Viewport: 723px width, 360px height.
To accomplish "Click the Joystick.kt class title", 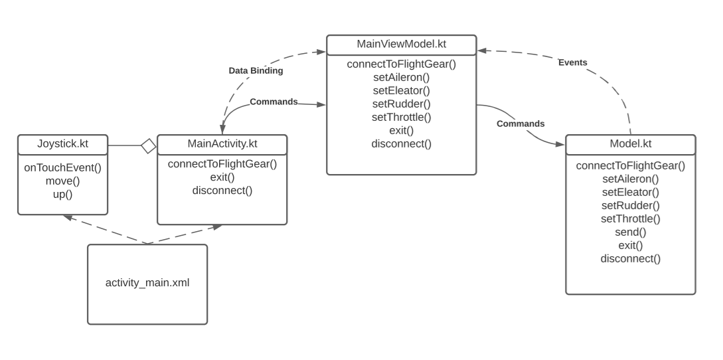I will click(x=62, y=143).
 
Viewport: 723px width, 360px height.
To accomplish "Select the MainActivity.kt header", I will click(x=222, y=143).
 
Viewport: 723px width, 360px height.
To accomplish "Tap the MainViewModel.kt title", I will click(x=401, y=45).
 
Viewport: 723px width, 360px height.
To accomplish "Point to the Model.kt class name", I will click(x=630, y=144).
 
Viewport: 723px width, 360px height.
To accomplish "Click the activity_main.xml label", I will click(x=147, y=282).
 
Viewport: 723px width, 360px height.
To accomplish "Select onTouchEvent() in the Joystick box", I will click(x=62, y=167).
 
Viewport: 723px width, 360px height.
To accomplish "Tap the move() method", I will click(x=62, y=181).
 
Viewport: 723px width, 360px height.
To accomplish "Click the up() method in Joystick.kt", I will click(x=62, y=194).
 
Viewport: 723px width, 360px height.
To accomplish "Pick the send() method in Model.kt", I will click(x=630, y=232).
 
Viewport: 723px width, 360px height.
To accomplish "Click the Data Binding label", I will click(x=256, y=70).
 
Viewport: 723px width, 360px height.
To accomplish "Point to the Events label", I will click(x=572, y=62).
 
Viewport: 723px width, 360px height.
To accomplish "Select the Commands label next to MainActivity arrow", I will click(x=274, y=102).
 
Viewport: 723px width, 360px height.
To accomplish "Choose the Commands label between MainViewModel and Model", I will click(x=520, y=124).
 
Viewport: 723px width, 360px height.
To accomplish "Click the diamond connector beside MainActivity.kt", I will click(x=149, y=145).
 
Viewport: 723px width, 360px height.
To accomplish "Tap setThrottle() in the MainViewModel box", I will click(x=401, y=117).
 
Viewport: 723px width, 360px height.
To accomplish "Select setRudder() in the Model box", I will click(x=630, y=205).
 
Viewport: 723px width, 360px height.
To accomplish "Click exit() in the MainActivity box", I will click(x=222, y=177).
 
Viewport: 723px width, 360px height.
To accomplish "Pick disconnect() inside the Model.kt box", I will click(x=630, y=258).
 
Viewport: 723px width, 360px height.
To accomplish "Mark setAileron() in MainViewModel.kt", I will click(x=401, y=77).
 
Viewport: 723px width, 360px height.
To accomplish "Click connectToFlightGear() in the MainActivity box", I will click(x=222, y=164).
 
